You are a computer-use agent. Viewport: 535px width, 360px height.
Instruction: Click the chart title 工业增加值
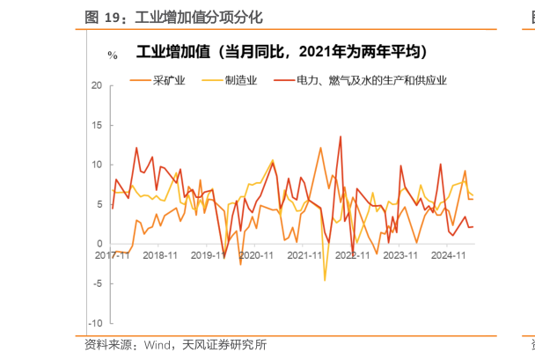click(x=172, y=52)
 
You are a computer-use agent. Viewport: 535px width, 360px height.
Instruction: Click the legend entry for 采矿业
click(x=167, y=81)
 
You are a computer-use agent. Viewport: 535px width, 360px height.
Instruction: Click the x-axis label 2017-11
click(x=112, y=255)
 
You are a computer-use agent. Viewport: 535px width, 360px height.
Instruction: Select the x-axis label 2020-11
click(x=257, y=255)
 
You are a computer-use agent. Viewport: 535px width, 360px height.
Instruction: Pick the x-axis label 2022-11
click(x=353, y=255)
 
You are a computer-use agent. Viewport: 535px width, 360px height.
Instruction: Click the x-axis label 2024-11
click(x=449, y=255)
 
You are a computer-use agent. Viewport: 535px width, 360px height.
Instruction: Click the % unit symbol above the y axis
click(x=112, y=55)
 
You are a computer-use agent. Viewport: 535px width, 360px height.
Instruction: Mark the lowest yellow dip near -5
click(x=325, y=280)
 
